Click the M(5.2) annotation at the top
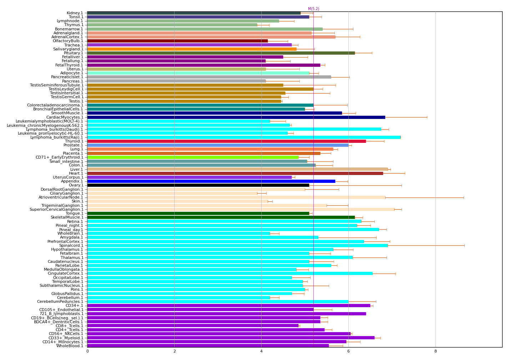coord(313,9)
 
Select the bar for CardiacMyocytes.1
coord(236,117)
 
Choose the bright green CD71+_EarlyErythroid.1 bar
coord(193,157)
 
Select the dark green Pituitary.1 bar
coord(221,53)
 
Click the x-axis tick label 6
coord(348,351)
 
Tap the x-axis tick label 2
coord(175,351)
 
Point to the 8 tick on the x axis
coord(435,351)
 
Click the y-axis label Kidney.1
coord(75,13)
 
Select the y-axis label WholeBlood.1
coord(70,346)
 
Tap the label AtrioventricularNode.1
coord(61,197)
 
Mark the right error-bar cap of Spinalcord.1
coord(464,245)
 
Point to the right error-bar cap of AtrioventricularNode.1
coord(464,197)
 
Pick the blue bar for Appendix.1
coord(211,181)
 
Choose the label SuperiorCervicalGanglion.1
coord(56,209)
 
